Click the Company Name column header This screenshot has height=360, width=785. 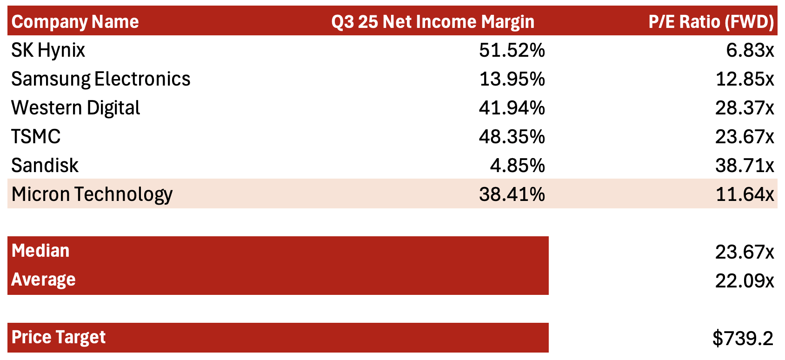point(75,22)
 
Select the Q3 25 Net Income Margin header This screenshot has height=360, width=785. point(432,22)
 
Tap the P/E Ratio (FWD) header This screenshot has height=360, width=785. point(711,22)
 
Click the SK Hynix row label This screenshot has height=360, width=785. point(48,50)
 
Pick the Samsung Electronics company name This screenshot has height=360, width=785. point(101,79)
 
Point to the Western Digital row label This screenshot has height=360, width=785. point(76,108)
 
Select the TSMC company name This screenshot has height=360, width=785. point(36,137)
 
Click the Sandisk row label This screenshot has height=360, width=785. point(45,166)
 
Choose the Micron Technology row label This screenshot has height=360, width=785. point(92,194)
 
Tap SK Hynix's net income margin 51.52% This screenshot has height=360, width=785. point(512,50)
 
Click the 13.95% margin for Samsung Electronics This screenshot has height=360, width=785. point(512,79)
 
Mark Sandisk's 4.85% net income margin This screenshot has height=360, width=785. point(517,166)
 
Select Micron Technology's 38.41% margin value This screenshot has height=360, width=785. point(512,194)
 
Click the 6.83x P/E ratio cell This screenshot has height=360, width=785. point(750,50)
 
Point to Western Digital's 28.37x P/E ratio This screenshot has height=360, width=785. point(744,108)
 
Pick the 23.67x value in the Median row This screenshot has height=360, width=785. point(744,252)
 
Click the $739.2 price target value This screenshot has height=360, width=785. point(743,338)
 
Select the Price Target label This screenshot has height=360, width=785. point(59,337)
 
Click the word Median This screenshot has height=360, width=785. point(40,251)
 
